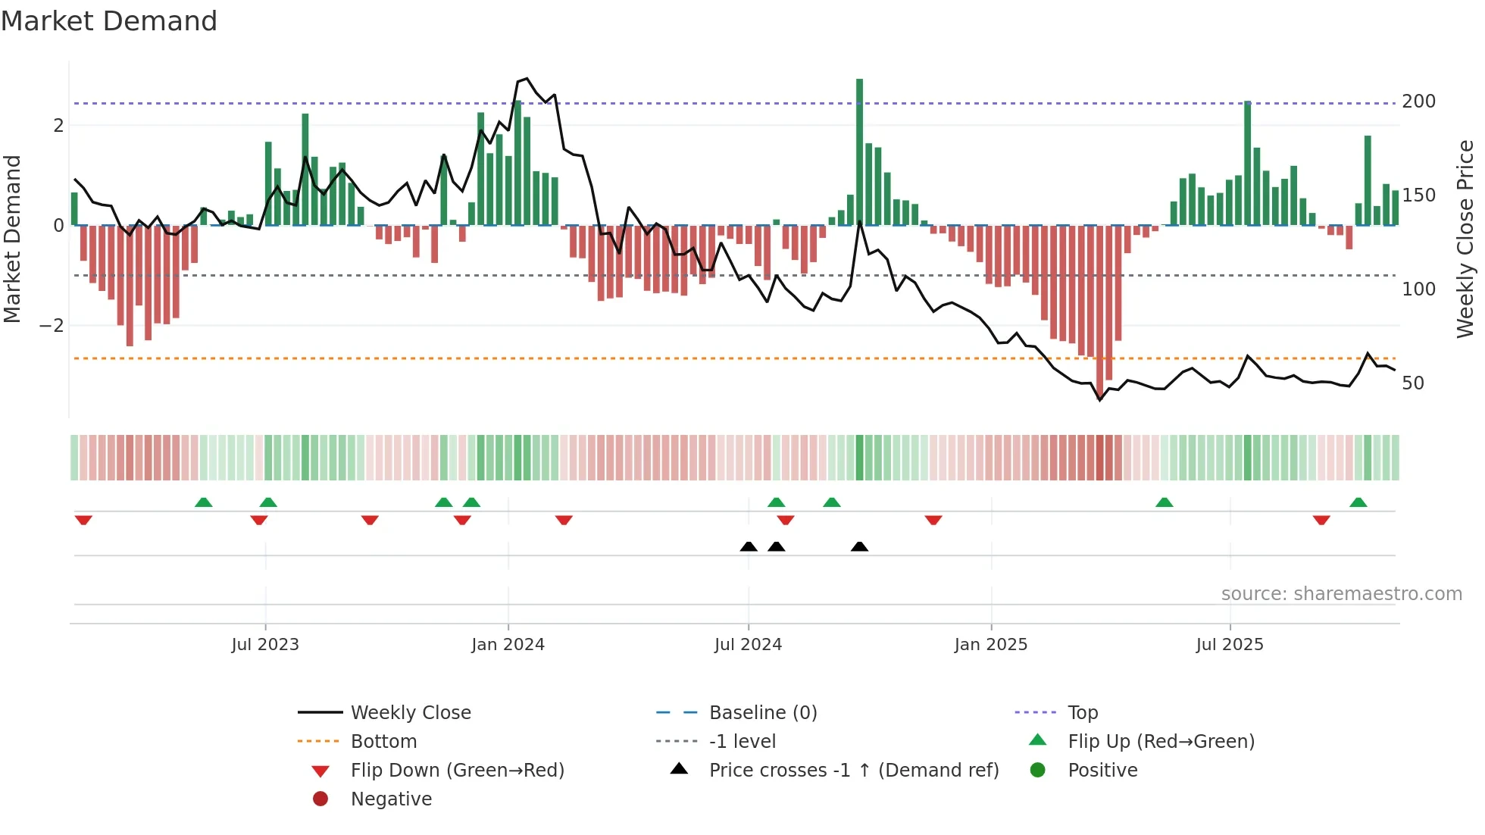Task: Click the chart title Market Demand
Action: coord(109,21)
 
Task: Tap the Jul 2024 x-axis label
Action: coord(748,645)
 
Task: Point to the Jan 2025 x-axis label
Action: coord(990,645)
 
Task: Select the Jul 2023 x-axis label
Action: coord(265,645)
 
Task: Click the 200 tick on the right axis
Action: coord(1418,102)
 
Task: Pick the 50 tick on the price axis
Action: coord(1413,383)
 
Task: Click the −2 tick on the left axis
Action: coord(52,326)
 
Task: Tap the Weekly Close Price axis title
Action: coord(1465,239)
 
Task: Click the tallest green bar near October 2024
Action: coord(859,152)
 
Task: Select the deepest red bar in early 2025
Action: coord(1100,311)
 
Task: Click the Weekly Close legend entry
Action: coord(410,713)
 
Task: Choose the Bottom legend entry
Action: coord(383,742)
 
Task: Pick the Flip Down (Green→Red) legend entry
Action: coord(457,771)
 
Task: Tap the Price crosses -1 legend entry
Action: coord(853,771)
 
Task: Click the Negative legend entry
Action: coord(391,799)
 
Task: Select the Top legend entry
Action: coord(1082,713)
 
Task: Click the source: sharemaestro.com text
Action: coord(1341,594)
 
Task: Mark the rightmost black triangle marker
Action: coord(859,546)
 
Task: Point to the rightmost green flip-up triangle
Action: coord(1358,502)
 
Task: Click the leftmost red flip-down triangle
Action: coord(83,520)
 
